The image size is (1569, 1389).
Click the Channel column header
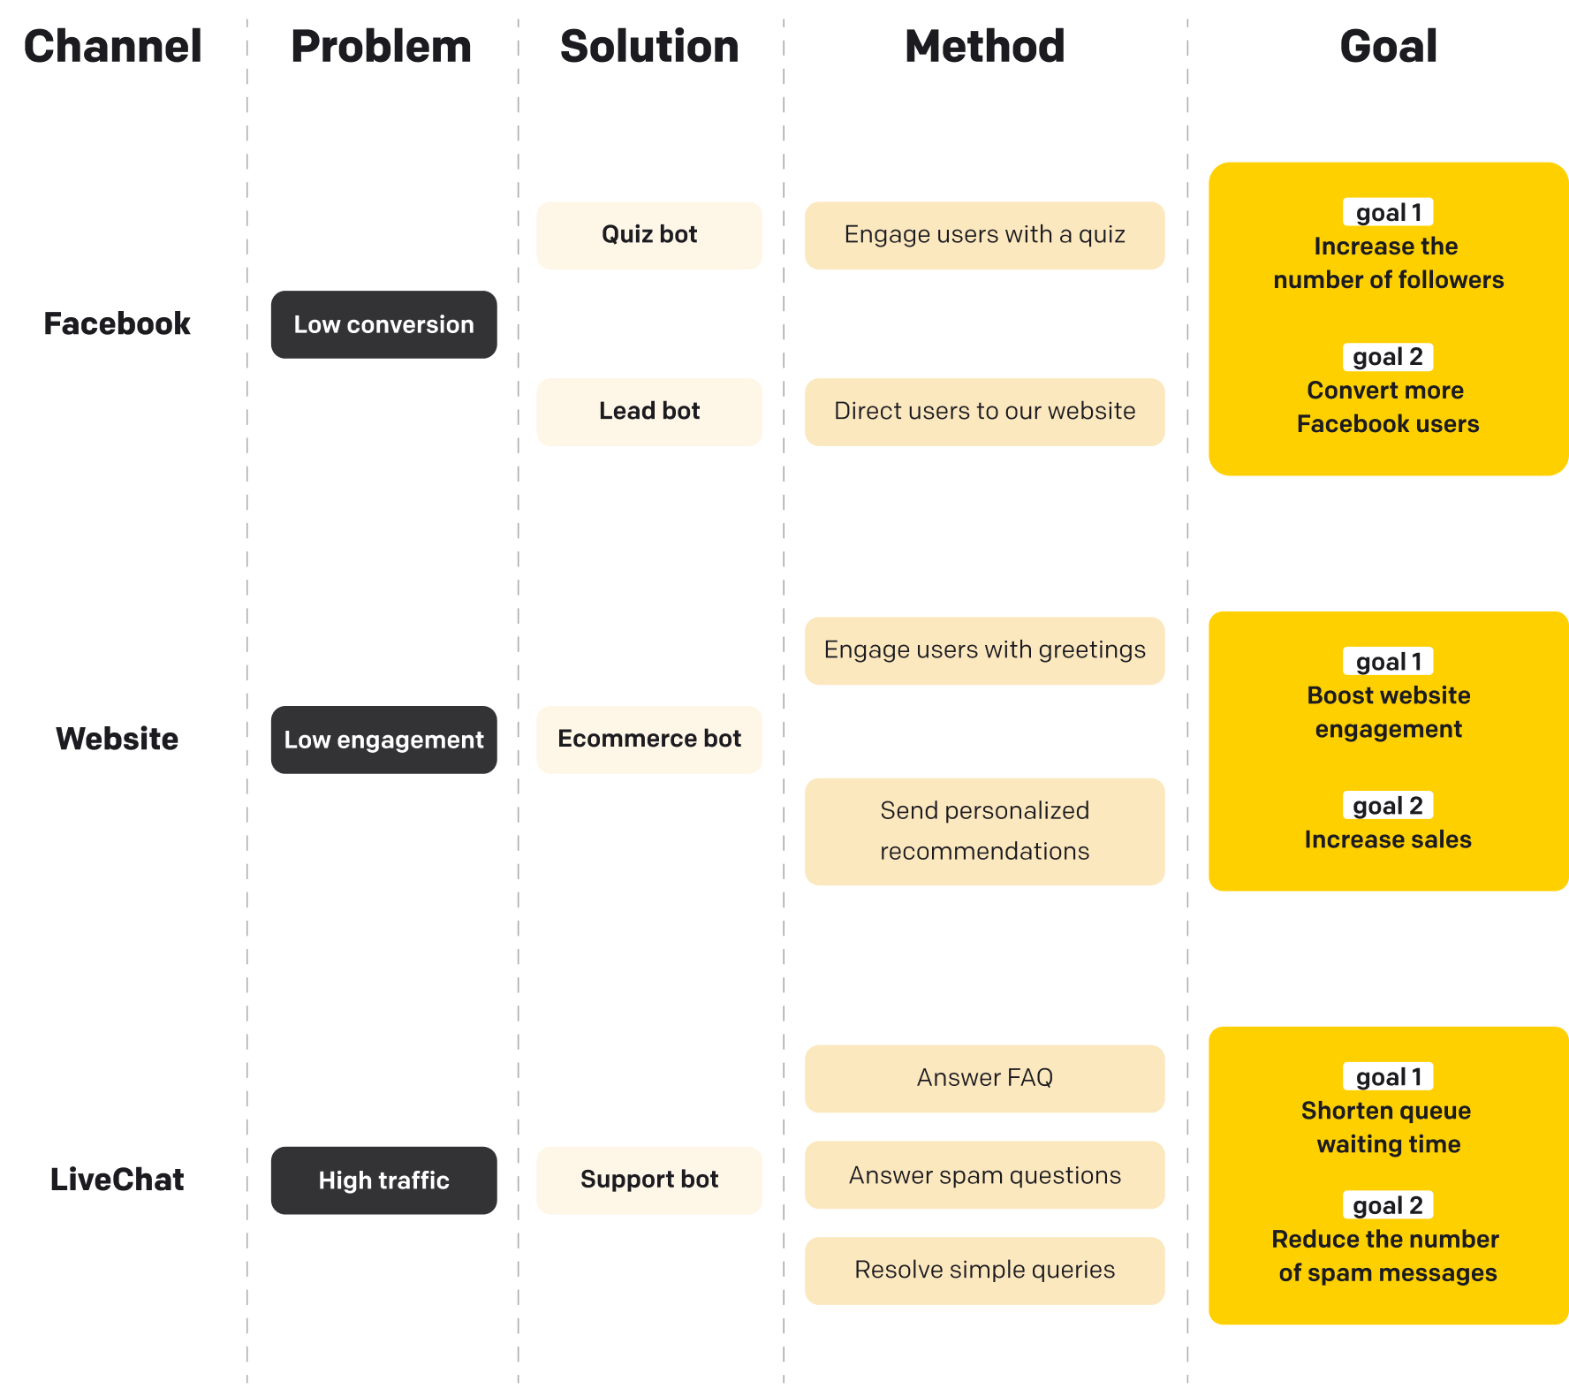113,46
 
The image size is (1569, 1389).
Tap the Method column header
984,46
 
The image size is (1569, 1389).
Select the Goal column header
1388,46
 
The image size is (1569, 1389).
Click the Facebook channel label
117,324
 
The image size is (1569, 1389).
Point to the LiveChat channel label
117,1180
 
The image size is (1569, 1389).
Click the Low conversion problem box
383,324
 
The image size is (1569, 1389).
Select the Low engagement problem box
383,740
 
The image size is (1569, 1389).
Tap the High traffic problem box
383,1180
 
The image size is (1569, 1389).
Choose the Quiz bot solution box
649,235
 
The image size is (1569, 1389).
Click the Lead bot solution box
649,412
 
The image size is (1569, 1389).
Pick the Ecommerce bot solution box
649,740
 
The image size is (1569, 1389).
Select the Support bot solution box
649,1180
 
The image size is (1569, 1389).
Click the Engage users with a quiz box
984,235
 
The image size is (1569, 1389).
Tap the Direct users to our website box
984,412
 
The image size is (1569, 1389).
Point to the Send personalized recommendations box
984,831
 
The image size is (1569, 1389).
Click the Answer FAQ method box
984,1078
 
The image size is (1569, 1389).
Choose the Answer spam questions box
984,1175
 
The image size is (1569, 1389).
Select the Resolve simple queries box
984,1271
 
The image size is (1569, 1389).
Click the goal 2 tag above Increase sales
1388,806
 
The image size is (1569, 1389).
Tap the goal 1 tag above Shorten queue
1388,1077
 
